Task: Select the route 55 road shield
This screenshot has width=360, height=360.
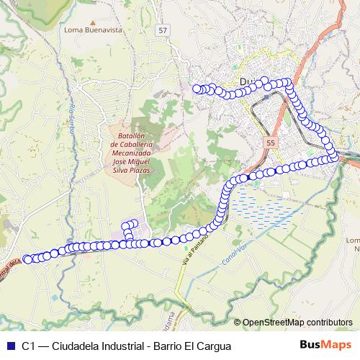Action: coord(270,143)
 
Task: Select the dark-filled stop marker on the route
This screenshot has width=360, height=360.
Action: coord(244,177)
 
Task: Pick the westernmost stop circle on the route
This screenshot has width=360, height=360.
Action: coord(27,258)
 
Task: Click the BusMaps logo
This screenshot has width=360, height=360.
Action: coord(325,346)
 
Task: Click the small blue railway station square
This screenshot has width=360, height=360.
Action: coord(266,94)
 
